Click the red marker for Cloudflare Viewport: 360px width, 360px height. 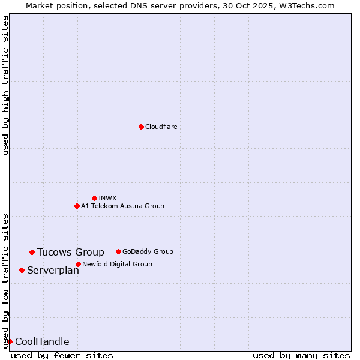click(x=141, y=127)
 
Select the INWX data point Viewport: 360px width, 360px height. click(x=94, y=198)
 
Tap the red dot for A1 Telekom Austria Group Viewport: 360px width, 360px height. click(x=77, y=206)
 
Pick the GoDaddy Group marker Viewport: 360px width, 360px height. click(x=118, y=251)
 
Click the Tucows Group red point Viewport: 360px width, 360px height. click(x=32, y=252)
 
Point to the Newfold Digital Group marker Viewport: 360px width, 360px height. click(x=78, y=264)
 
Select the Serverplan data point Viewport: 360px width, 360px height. click(x=22, y=270)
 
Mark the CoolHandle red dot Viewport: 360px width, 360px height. click(x=10, y=341)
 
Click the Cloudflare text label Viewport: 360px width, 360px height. click(x=161, y=127)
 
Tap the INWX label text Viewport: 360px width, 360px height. click(x=107, y=198)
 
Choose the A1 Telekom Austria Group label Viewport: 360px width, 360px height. click(x=122, y=206)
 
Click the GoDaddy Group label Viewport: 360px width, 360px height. click(x=148, y=251)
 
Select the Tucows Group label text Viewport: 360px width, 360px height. click(x=70, y=252)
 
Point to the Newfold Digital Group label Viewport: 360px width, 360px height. click(x=117, y=264)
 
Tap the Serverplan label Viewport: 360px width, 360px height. click(x=53, y=270)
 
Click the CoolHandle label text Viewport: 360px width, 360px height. click(x=42, y=341)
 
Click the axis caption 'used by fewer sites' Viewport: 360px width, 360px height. click(x=62, y=355)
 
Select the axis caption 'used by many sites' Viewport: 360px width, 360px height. click(x=301, y=355)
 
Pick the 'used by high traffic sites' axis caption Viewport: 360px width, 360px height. click(x=5, y=85)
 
